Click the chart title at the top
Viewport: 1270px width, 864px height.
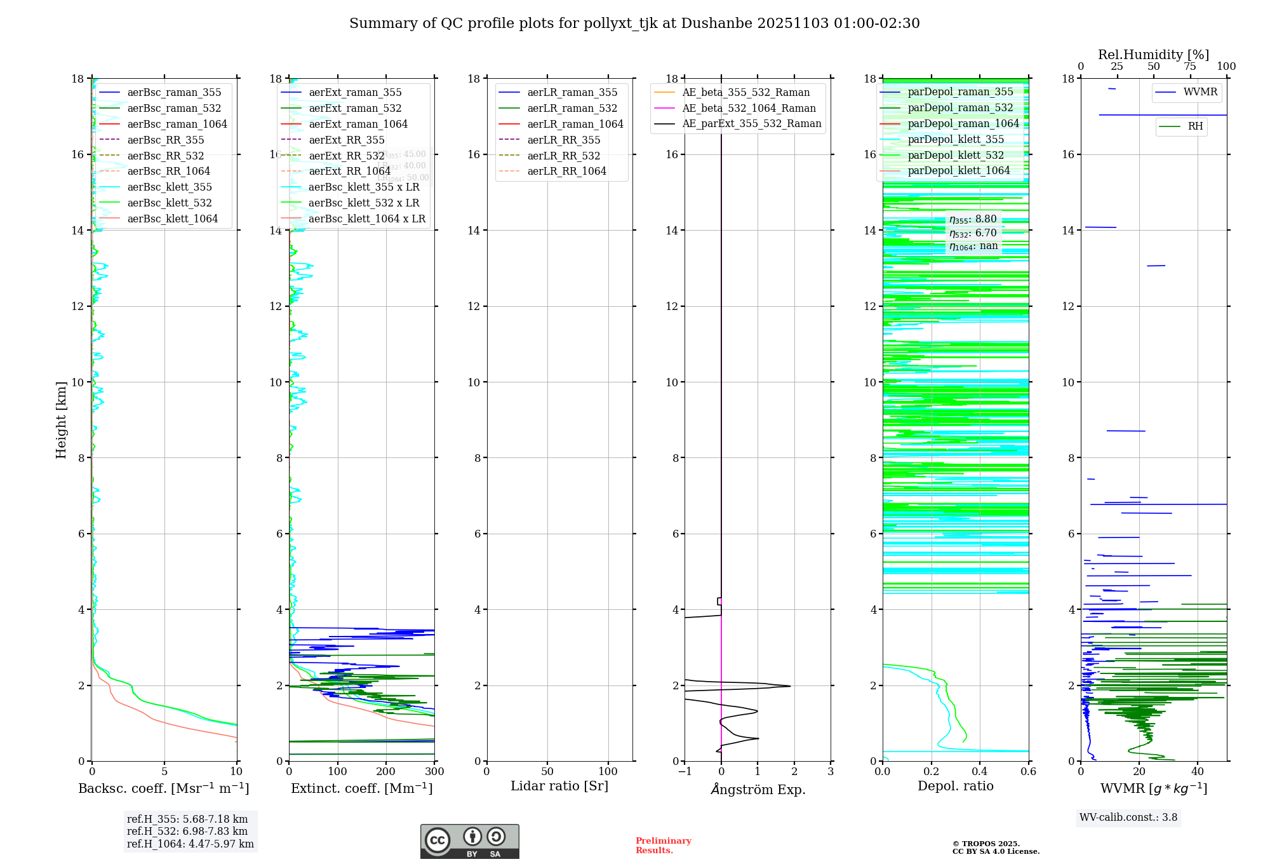[x=634, y=24]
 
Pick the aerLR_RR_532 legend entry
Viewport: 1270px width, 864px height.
[x=563, y=156]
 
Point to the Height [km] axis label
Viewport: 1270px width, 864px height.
[x=61, y=419]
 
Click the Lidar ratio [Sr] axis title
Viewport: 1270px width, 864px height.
[x=559, y=786]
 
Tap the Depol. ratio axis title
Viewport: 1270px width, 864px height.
[x=955, y=786]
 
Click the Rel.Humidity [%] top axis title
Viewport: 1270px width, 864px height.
[x=1153, y=55]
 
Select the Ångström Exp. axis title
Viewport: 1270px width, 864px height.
[x=758, y=789]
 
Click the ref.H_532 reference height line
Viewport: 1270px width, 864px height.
[x=187, y=831]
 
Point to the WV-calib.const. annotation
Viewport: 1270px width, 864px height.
[x=1128, y=818]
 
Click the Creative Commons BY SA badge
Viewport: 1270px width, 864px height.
[x=469, y=841]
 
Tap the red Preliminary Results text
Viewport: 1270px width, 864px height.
[x=663, y=846]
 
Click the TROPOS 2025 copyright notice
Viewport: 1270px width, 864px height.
[x=996, y=847]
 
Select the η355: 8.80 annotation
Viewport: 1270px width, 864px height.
[x=973, y=220]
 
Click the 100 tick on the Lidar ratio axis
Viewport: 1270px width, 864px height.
[x=608, y=771]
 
